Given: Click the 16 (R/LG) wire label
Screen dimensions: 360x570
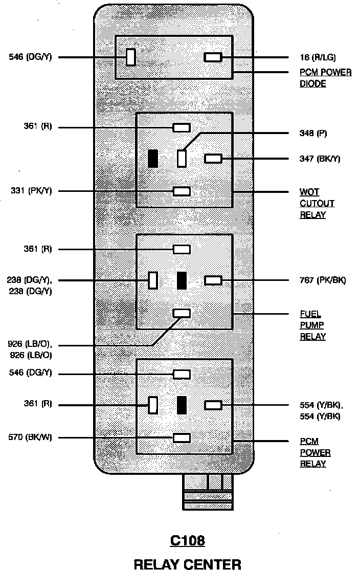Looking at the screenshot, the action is click(318, 57).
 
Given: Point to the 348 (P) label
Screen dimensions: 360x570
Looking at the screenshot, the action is click(313, 133).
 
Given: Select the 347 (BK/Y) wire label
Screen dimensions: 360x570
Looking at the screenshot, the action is click(320, 159).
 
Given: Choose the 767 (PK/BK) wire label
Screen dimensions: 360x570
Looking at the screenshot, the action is click(322, 280).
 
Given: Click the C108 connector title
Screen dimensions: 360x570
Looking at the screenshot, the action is click(187, 540).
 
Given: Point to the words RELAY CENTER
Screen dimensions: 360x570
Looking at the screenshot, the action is click(187, 564).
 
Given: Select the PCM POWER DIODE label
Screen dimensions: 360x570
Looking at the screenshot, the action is click(325, 78).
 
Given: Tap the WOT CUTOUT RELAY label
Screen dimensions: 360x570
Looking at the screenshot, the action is click(317, 203).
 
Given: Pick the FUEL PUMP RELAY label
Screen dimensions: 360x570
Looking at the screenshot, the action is click(312, 325).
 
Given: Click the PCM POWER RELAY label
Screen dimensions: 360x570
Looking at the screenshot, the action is click(315, 453).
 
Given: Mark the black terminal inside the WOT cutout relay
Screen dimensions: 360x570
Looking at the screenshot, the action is click(152, 159).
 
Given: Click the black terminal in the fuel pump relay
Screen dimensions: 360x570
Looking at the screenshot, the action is click(182, 280).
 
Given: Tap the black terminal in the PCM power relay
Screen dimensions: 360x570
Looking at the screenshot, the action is click(182, 405).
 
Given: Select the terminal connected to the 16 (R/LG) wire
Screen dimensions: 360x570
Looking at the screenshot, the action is click(213, 57).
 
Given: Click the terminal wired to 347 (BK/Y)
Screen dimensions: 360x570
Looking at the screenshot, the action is click(213, 159).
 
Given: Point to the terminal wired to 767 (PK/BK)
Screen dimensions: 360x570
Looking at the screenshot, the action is click(213, 280).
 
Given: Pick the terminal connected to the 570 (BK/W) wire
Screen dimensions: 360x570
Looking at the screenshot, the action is click(182, 437).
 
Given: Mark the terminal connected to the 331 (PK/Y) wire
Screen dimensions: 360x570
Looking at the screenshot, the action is click(182, 191).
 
